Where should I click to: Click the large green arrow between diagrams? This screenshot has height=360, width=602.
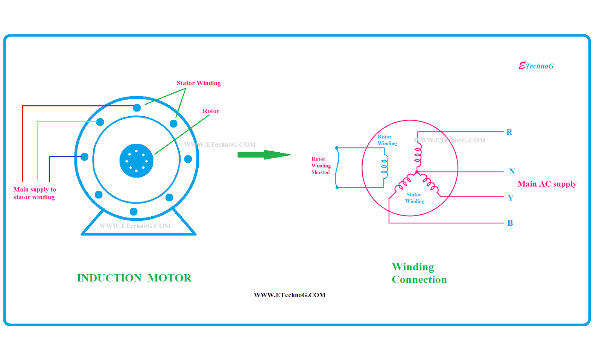(x=263, y=155)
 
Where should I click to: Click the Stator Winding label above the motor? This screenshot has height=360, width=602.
(x=199, y=83)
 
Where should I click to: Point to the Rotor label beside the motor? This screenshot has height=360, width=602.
(x=211, y=111)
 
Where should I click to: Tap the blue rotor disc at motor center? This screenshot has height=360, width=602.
(x=136, y=161)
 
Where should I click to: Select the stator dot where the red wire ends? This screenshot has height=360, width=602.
(x=137, y=108)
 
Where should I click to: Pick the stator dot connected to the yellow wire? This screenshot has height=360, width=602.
(x=100, y=122)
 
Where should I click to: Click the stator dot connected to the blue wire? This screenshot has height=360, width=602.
(x=85, y=157)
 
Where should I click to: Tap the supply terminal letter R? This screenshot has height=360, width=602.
(x=509, y=132)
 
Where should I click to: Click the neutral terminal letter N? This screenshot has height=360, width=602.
(x=512, y=172)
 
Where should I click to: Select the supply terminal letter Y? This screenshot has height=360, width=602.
(x=511, y=198)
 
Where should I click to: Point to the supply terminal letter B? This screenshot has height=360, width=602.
(x=510, y=223)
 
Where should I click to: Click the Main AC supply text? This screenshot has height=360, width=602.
(x=547, y=184)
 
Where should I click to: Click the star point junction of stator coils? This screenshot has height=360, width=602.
(x=417, y=172)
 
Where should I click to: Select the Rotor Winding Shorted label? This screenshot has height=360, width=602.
(x=321, y=166)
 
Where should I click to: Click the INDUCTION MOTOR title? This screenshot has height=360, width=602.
(x=134, y=278)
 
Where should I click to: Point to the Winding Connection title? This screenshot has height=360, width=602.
(x=419, y=273)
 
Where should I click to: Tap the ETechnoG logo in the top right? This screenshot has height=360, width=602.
(x=536, y=66)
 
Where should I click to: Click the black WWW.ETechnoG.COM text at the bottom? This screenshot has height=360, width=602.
(x=290, y=295)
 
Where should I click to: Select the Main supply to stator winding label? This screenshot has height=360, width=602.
(x=34, y=193)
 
